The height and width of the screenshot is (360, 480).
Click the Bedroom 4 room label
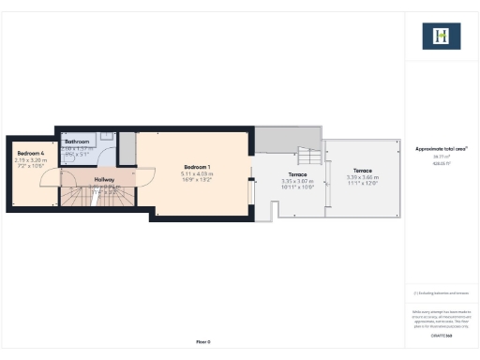coord(30,153)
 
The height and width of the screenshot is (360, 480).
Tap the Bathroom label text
coord(76,142)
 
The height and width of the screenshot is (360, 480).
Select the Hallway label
coord(103,179)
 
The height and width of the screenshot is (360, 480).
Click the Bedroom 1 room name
coord(197,167)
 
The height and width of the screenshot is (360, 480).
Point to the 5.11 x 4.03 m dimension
coord(197,173)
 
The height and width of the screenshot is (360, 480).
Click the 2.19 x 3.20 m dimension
coord(30,159)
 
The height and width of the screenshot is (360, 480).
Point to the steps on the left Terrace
coord(306,157)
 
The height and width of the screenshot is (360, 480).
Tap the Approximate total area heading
coord(441,149)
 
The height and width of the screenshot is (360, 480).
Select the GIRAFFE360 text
coord(441,335)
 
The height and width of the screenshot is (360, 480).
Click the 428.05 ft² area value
coord(441,163)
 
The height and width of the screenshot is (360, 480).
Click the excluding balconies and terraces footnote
coord(441,293)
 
